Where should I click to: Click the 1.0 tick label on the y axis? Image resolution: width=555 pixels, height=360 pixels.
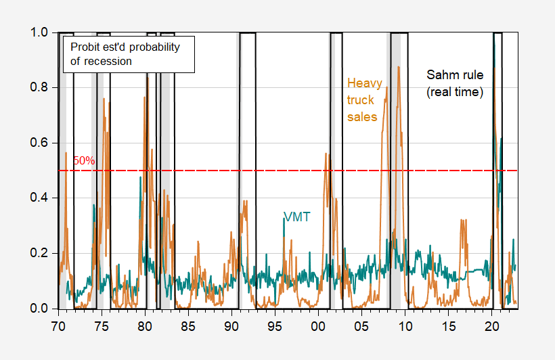pos(39,32)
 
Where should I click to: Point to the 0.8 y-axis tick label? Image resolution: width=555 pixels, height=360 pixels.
pos(39,88)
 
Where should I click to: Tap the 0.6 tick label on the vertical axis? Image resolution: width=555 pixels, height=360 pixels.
pos(39,143)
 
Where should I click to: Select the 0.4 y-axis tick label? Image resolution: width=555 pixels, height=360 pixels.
pos(39,198)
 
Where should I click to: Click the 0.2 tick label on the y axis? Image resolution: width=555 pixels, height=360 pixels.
pos(39,254)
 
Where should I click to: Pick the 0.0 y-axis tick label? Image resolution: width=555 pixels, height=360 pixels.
pos(39,309)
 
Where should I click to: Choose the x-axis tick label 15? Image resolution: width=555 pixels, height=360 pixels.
pos(449,324)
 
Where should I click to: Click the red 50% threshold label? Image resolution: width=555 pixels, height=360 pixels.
pos(84,161)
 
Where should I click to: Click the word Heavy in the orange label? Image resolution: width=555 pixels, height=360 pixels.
pos(364,83)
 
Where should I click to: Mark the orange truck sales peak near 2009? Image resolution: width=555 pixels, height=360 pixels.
pos(399,68)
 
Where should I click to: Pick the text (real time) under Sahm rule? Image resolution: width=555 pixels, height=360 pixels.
pos(454,92)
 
